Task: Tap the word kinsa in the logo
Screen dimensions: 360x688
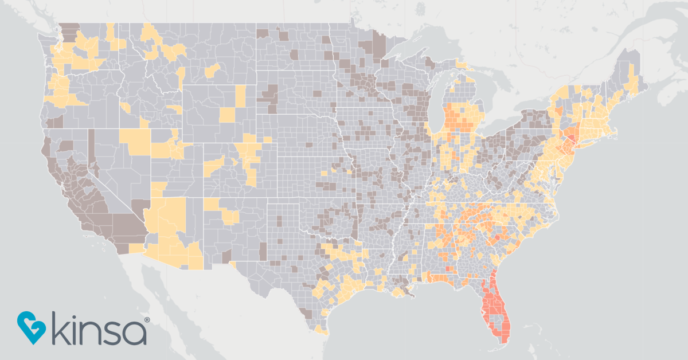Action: [97, 328]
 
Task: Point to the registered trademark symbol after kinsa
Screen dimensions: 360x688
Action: [147, 319]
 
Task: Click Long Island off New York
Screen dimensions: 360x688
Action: [591, 143]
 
